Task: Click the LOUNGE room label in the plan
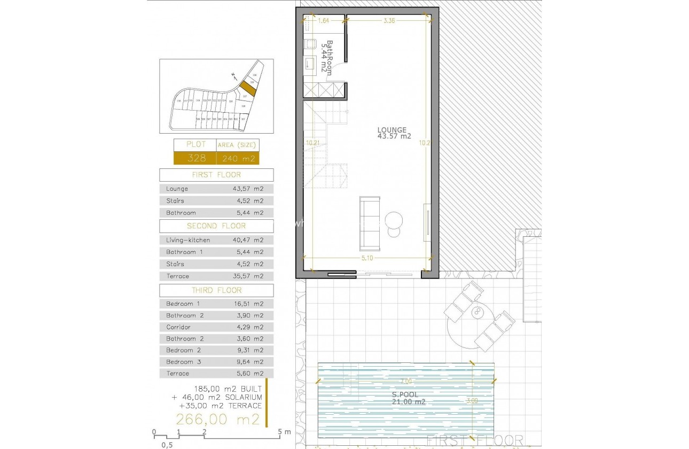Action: (x=392, y=129)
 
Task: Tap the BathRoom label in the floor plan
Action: (x=326, y=57)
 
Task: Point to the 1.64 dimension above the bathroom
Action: (x=324, y=21)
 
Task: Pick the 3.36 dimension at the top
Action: (x=389, y=21)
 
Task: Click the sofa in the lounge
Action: (x=370, y=223)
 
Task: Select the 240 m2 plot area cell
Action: (x=238, y=158)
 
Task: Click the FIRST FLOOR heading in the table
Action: (x=216, y=175)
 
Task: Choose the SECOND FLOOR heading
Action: (x=216, y=226)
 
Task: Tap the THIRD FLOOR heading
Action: (x=216, y=290)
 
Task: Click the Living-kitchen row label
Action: (x=188, y=240)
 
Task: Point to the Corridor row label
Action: (x=178, y=327)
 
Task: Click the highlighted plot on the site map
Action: (x=247, y=88)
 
